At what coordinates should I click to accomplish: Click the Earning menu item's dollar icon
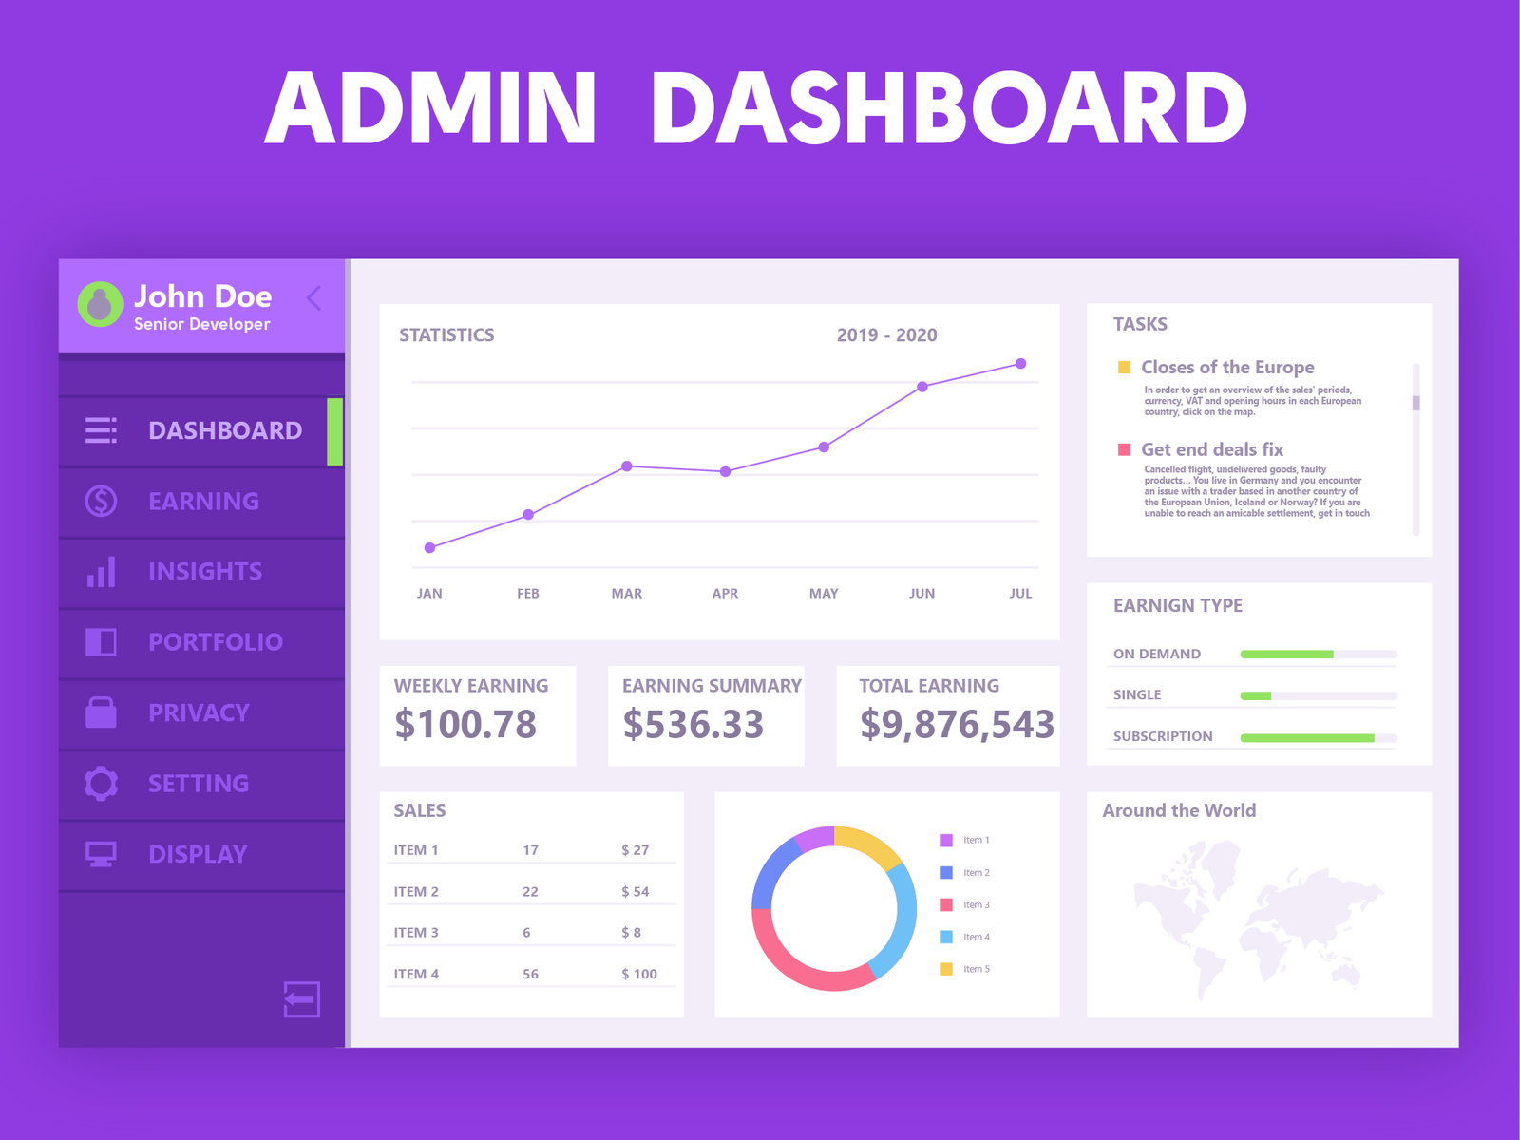pyautogui.click(x=101, y=501)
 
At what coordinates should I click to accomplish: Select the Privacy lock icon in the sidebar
pyautogui.click(x=101, y=712)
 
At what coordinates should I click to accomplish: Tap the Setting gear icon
pyautogui.click(x=101, y=783)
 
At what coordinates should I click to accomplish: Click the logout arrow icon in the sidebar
pyautogui.click(x=301, y=998)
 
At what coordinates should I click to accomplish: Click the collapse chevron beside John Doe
pyautogui.click(x=314, y=298)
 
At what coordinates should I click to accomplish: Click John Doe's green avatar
pyautogui.click(x=100, y=304)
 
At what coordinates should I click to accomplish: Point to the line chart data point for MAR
pyautogui.click(x=627, y=466)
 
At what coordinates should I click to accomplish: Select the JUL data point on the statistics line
pyautogui.click(x=1020, y=364)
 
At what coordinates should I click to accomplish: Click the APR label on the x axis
pyautogui.click(x=725, y=594)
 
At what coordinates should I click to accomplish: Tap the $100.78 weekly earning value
pyautogui.click(x=465, y=725)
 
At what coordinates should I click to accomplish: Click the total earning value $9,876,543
pyautogui.click(x=957, y=725)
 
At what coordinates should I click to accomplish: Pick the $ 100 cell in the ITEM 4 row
pyautogui.click(x=639, y=974)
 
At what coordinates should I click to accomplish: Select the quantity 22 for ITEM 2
pyautogui.click(x=530, y=892)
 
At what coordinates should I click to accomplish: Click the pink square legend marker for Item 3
pyautogui.click(x=946, y=904)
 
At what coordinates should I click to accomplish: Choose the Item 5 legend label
pyautogui.click(x=977, y=969)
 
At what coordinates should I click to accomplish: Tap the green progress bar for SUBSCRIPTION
pyautogui.click(x=1306, y=737)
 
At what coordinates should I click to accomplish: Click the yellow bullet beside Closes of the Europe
pyautogui.click(x=1125, y=368)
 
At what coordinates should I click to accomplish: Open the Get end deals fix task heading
pyautogui.click(x=1212, y=449)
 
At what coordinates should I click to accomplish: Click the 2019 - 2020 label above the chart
pyautogui.click(x=886, y=335)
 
